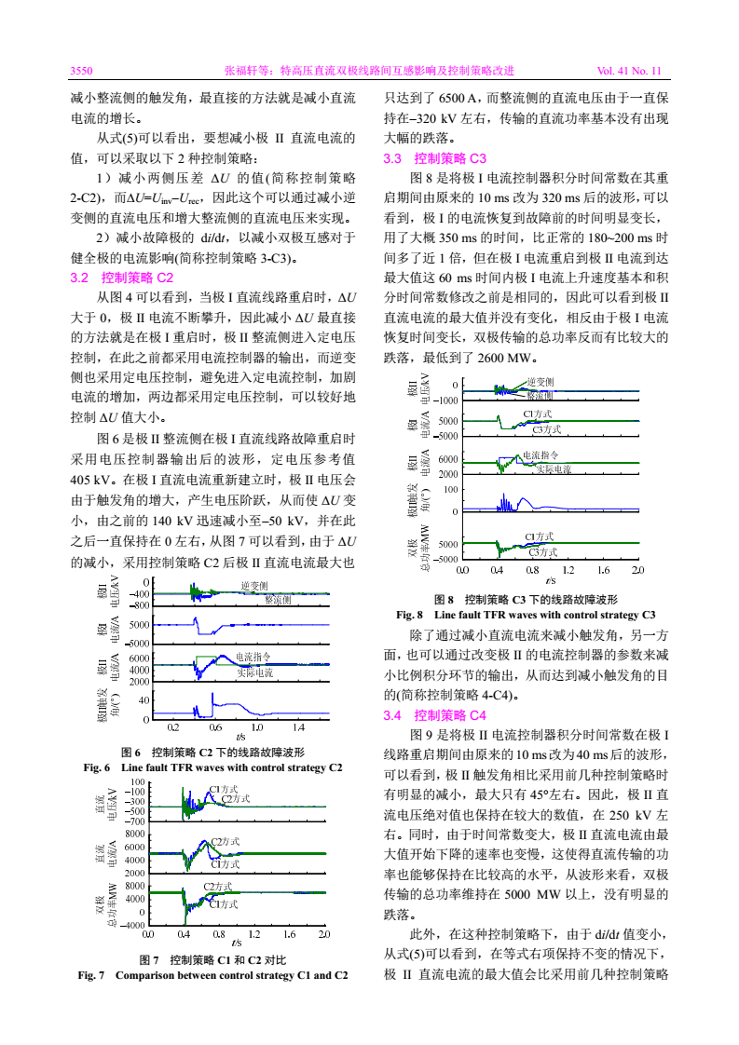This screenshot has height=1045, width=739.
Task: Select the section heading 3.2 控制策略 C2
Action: [x=122, y=278]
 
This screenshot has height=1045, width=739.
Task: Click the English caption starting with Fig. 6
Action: [x=213, y=767]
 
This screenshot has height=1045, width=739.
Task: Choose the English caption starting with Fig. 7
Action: [x=213, y=975]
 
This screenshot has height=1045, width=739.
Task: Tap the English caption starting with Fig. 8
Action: [x=527, y=615]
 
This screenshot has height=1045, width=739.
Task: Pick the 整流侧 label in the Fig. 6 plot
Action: [x=280, y=601]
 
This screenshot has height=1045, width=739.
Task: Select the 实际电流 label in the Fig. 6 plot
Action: [x=253, y=672]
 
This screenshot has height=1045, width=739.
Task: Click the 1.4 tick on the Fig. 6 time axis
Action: [x=298, y=726]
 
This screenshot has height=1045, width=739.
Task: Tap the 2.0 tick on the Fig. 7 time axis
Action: [x=324, y=933]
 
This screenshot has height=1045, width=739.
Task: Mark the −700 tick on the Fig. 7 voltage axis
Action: [x=136, y=822]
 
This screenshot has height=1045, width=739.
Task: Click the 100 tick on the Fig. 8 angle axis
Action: [x=451, y=489]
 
